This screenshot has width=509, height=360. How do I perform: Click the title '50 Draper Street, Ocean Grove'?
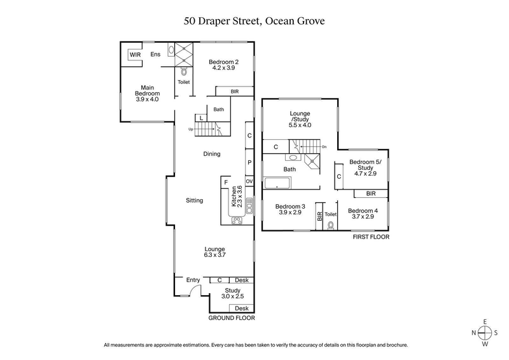[254, 21]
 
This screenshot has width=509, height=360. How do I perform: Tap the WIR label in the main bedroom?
[135, 55]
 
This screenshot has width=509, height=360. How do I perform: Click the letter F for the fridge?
[225, 183]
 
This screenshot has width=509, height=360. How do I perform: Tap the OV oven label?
[249, 181]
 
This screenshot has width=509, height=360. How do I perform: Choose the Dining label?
[212, 154]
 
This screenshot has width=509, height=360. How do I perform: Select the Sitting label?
[194, 200]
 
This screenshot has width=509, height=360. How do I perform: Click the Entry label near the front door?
[193, 280]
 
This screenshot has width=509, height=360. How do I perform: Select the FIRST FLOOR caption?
[370, 237]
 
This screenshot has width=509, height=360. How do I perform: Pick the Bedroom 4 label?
[363, 214]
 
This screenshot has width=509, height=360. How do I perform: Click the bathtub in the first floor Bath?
[277, 184]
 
